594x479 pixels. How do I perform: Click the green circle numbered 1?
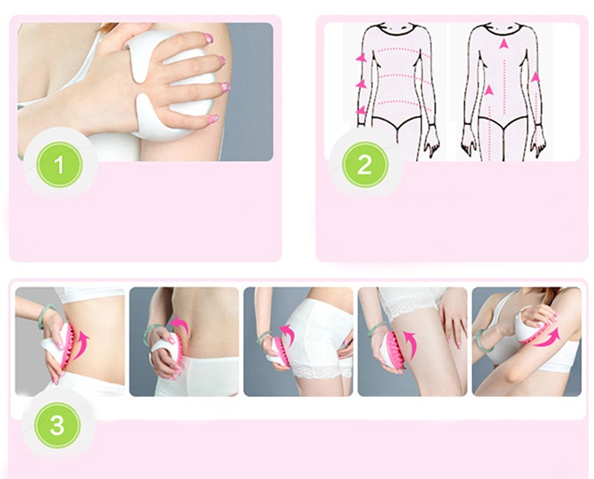(x=59, y=165)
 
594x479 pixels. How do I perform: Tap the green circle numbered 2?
(x=365, y=165)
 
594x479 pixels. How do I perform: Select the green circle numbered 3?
(x=58, y=425)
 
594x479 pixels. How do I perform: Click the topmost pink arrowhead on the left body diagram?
(x=361, y=57)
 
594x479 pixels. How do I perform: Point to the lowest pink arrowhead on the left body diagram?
(x=361, y=110)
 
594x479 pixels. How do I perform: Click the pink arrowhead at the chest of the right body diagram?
(x=504, y=43)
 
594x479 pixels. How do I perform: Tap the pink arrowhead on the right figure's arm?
(x=535, y=77)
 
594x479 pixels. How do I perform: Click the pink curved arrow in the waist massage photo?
(x=81, y=345)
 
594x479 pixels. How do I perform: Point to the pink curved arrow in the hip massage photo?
(x=288, y=334)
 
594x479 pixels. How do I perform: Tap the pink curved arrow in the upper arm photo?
(x=546, y=338)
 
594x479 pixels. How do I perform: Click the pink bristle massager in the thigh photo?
(x=393, y=348)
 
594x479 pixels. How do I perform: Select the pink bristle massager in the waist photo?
(x=66, y=345)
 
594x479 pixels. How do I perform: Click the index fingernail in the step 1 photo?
(x=208, y=37)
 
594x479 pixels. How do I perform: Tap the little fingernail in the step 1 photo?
(x=214, y=118)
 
